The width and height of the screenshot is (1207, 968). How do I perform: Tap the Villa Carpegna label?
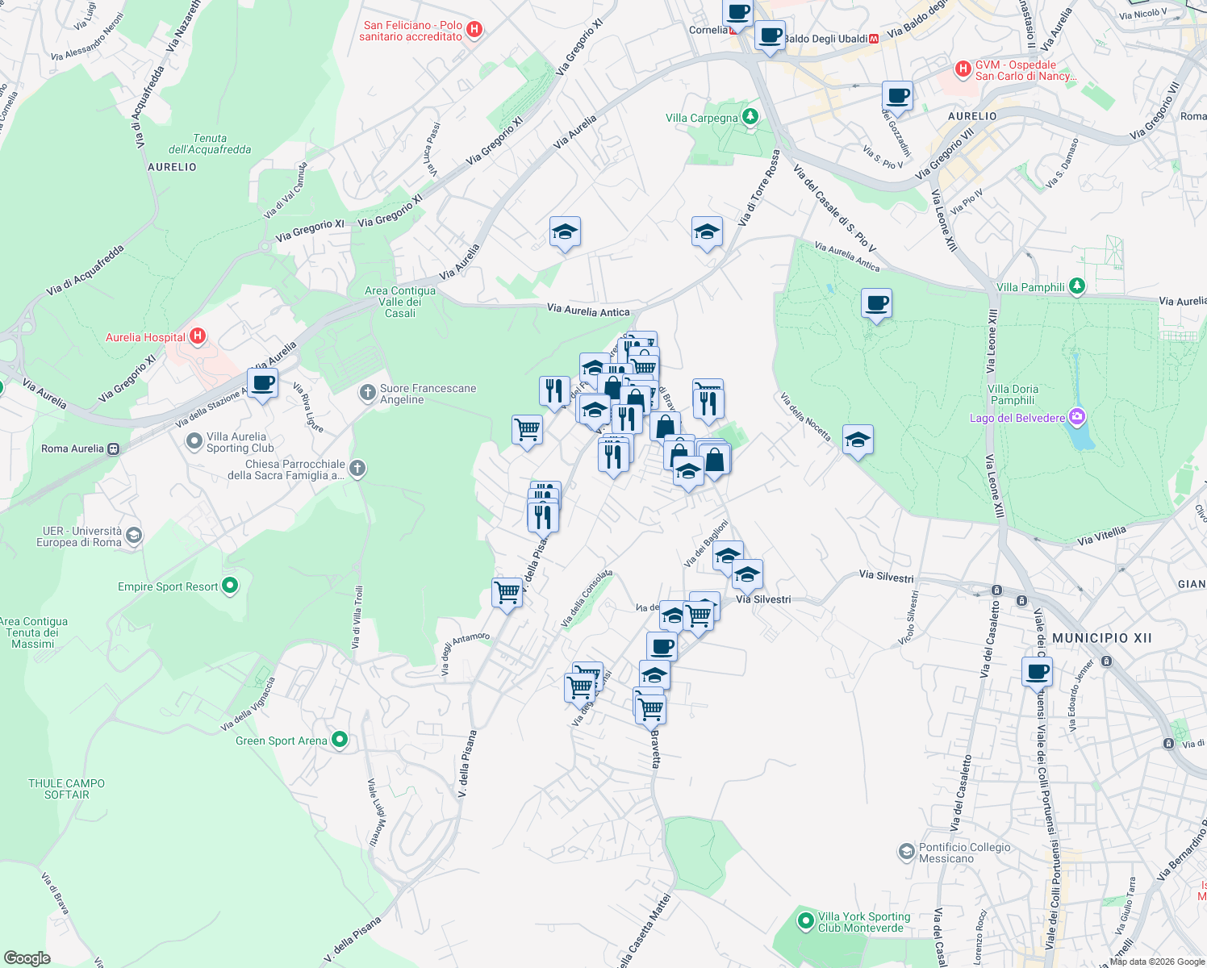pyautogui.click(x=701, y=118)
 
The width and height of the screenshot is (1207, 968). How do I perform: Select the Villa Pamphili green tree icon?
pyautogui.click(x=1076, y=286)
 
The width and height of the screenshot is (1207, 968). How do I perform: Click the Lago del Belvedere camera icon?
pyautogui.click(x=1076, y=417)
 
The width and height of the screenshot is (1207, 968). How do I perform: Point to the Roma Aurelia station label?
pyautogui.click(x=73, y=449)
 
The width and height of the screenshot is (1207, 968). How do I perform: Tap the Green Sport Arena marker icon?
pyautogui.click(x=340, y=740)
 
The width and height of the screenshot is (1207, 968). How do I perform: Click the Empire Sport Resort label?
pyautogui.click(x=168, y=586)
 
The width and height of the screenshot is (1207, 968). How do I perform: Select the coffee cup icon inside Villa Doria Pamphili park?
pyautogui.click(x=876, y=304)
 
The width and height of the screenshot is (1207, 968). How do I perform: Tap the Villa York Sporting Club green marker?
pyautogui.click(x=805, y=920)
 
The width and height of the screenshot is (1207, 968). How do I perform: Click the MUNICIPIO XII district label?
pyautogui.click(x=1102, y=638)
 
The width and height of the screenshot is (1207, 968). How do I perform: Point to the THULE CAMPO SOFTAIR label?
pyautogui.click(x=66, y=789)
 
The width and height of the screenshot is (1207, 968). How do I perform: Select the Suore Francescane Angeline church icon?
pyautogui.click(x=367, y=393)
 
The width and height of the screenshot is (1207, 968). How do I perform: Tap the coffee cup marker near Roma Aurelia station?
pyautogui.click(x=262, y=383)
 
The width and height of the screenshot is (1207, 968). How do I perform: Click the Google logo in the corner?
pyautogui.click(x=27, y=958)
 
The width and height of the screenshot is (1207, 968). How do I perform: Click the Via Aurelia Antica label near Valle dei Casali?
pyautogui.click(x=587, y=311)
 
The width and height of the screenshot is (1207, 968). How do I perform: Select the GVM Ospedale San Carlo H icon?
pyautogui.click(x=963, y=69)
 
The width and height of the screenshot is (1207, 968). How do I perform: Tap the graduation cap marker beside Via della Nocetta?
pyautogui.click(x=857, y=440)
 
